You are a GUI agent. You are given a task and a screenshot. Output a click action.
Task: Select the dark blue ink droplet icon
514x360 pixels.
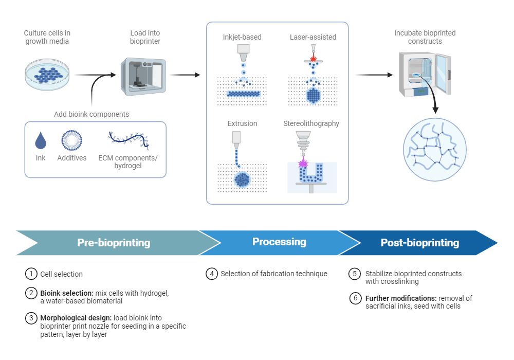[41, 140]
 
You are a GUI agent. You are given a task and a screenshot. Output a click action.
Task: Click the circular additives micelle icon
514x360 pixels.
[71, 140]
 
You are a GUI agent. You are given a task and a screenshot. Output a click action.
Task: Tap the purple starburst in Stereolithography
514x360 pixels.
[303, 163]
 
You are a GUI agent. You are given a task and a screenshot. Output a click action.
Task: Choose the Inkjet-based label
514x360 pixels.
[242, 37]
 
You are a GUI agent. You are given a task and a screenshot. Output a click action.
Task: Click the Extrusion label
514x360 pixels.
[242, 123]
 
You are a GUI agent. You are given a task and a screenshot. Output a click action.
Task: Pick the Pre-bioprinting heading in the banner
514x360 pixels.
[114, 243]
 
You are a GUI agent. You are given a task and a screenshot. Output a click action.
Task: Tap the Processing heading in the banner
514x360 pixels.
[279, 242]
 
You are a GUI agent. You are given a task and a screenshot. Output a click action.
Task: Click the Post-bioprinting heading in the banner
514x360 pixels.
[419, 243]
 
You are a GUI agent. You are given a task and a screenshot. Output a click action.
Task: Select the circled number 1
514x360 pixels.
[31, 274]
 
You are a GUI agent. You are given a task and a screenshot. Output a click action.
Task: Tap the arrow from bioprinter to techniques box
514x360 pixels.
[185, 75]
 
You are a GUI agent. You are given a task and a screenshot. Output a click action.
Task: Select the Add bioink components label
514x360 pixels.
[91, 114]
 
